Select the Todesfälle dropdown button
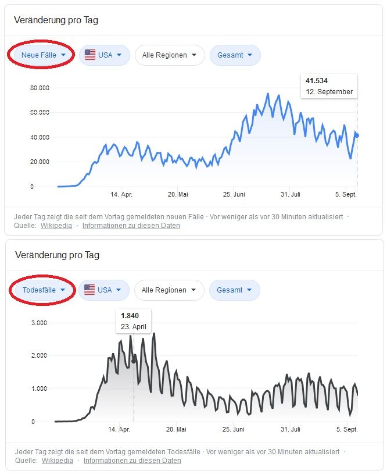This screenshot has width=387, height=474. pyautogui.click(x=42, y=290)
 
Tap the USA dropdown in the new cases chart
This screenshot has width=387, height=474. pyautogui.click(x=103, y=55)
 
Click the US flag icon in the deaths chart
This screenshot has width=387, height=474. pyautogui.click(x=89, y=290)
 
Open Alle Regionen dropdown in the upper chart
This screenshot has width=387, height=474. pyautogui.click(x=170, y=55)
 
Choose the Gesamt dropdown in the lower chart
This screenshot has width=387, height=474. pyautogui.click(x=234, y=290)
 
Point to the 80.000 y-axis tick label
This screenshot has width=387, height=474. pyautogui.click(x=40, y=88)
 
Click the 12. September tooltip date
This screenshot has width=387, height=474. pyautogui.click(x=329, y=92)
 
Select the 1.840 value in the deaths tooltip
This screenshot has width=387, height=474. pyautogui.click(x=130, y=315)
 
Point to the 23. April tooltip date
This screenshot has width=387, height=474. pyautogui.click(x=133, y=326)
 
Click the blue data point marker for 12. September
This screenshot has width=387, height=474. pyautogui.click(x=357, y=136)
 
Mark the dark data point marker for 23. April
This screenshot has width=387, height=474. pyautogui.click(x=134, y=361)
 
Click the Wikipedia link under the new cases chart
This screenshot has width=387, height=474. pyautogui.click(x=56, y=226)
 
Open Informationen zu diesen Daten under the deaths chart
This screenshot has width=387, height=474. pyautogui.click(x=132, y=461)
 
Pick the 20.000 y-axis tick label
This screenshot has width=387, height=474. pyautogui.click(x=40, y=162)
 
